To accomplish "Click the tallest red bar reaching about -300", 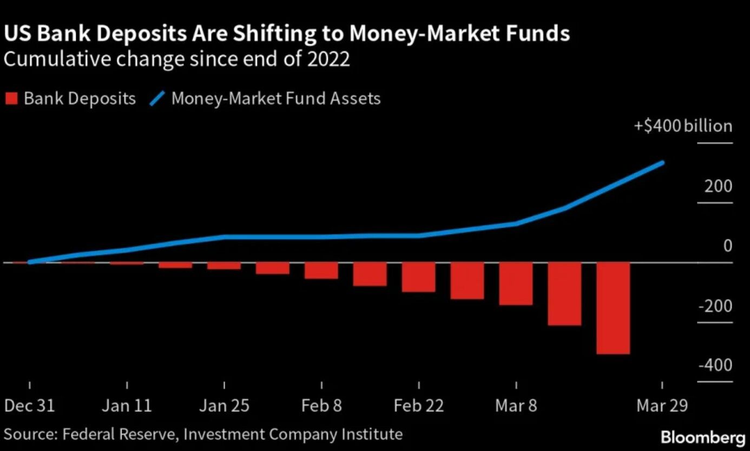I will pos(613,308).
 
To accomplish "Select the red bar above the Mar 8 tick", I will pos(516,283).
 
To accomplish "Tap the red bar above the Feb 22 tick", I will pos(418,277).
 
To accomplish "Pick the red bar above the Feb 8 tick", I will pos(321,270).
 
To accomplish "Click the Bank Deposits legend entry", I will pos(70,99).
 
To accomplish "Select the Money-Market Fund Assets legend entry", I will pos(265,99).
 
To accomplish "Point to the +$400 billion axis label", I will pos(683,127).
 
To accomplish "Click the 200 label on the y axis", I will pos(718,187).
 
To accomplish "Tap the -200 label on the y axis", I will pos(715,306).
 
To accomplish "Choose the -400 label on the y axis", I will pos(715,366).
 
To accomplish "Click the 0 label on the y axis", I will pos(727,246).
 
